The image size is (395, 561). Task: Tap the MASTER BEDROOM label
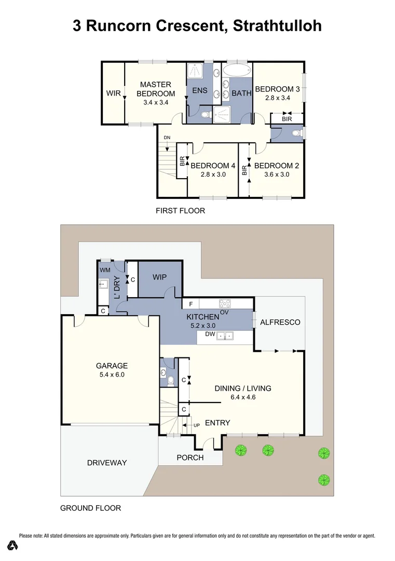click(x=156, y=89)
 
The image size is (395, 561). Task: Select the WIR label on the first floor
click(x=113, y=94)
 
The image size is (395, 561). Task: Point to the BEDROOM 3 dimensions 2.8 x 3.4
click(x=277, y=97)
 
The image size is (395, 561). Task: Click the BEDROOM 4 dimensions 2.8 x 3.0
click(x=213, y=175)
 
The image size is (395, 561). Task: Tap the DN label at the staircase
click(x=167, y=137)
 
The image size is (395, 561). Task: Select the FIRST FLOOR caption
click(x=181, y=211)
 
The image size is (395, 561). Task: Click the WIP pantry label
click(x=159, y=277)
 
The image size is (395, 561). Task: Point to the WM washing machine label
click(x=105, y=270)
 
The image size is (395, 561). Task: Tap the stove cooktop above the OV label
click(x=224, y=303)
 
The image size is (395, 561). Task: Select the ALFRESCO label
click(x=280, y=322)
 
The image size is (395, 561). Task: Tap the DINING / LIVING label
click(x=243, y=388)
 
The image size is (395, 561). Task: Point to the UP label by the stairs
click(x=197, y=425)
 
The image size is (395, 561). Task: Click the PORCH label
click(x=190, y=458)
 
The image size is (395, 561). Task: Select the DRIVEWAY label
click(x=107, y=462)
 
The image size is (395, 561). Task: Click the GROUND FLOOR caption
click(x=91, y=508)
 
